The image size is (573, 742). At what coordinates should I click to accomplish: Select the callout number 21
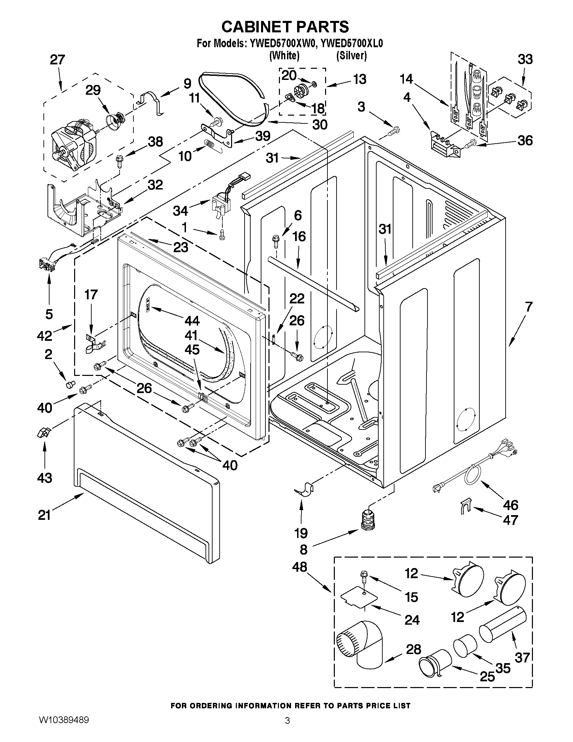(x=44, y=515)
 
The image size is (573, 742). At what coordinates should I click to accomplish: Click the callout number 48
(x=299, y=567)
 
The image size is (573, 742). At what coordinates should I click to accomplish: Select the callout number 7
(x=529, y=307)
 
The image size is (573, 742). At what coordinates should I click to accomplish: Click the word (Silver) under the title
(x=351, y=55)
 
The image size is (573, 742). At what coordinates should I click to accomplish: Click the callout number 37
(x=522, y=657)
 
